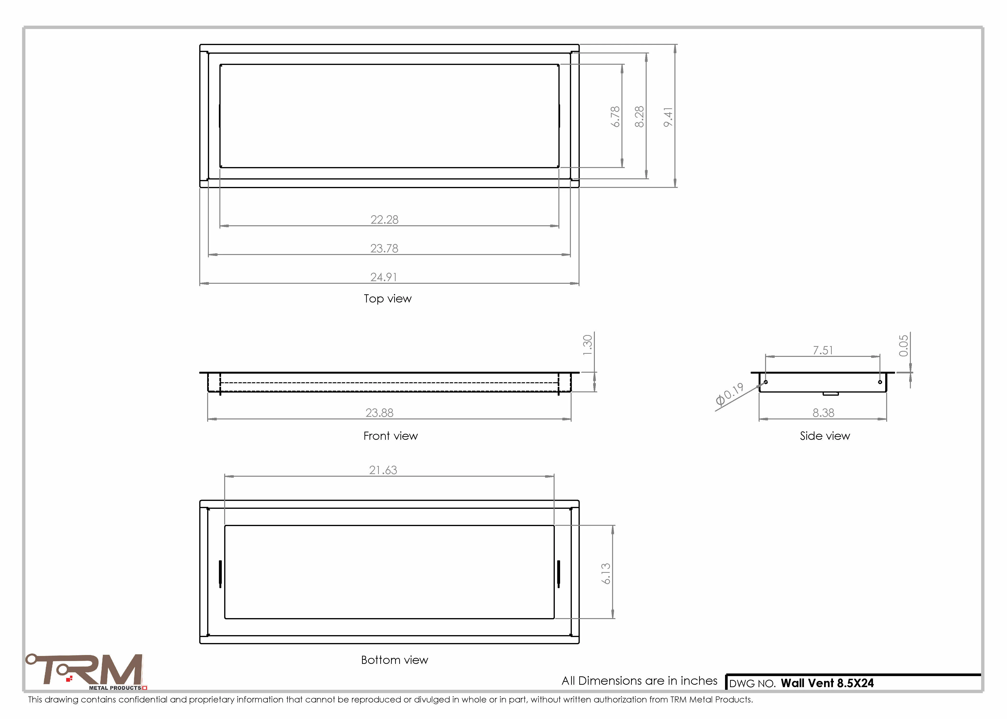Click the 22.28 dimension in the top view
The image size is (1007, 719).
point(384,220)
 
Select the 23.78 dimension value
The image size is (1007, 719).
point(384,248)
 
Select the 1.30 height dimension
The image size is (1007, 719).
point(587,345)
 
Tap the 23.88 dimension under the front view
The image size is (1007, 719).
point(380,413)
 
